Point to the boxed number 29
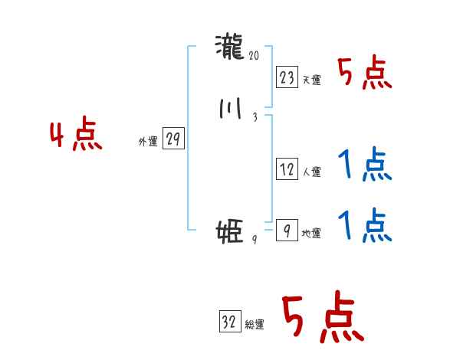(x=173, y=139)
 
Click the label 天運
(x=311, y=80)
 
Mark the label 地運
(x=311, y=234)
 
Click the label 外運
(x=148, y=142)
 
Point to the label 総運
(x=255, y=325)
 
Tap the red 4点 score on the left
(x=76, y=136)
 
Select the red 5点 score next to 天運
(x=365, y=74)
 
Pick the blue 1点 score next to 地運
(x=365, y=225)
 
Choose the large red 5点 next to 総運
(x=323, y=319)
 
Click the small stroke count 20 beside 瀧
(x=255, y=55)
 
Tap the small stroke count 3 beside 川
(x=255, y=117)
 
